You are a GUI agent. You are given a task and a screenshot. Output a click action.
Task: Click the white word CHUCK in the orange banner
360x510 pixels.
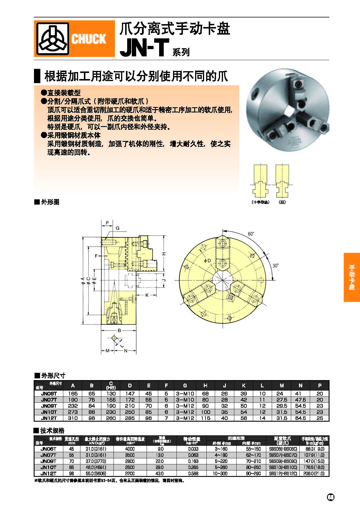(89, 39)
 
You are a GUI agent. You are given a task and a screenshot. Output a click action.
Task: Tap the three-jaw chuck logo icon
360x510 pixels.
(52, 39)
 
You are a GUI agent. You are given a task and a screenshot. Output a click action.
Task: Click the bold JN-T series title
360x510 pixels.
(144, 48)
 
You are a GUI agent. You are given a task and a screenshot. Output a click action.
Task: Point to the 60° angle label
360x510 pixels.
(251, 234)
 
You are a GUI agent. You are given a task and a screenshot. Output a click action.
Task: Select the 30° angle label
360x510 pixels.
(275, 266)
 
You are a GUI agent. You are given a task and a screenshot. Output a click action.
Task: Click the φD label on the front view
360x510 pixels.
(207, 261)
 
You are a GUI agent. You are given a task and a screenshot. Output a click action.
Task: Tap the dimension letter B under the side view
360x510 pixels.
(119, 330)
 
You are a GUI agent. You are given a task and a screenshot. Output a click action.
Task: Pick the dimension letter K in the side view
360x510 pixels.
(147, 295)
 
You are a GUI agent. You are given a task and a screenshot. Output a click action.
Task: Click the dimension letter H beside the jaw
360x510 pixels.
(164, 254)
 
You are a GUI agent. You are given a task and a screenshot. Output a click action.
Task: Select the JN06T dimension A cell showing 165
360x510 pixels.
(73, 393)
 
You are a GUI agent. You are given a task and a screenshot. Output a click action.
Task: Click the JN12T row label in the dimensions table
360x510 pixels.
(49, 418)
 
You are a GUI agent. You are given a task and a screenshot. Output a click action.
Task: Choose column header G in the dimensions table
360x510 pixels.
(185, 386)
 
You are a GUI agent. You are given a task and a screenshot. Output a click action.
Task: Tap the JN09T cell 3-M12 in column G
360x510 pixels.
(185, 406)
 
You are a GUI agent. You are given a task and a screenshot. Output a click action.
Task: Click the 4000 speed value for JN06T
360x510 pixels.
(129, 449)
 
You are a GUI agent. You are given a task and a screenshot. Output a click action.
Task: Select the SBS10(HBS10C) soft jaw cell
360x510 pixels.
(283, 467)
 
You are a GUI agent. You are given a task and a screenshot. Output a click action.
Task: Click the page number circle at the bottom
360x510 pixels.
(331, 497)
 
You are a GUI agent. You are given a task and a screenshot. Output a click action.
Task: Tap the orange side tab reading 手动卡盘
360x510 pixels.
(352, 277)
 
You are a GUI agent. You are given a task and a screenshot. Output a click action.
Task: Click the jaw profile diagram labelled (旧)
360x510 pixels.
(282, 181)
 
